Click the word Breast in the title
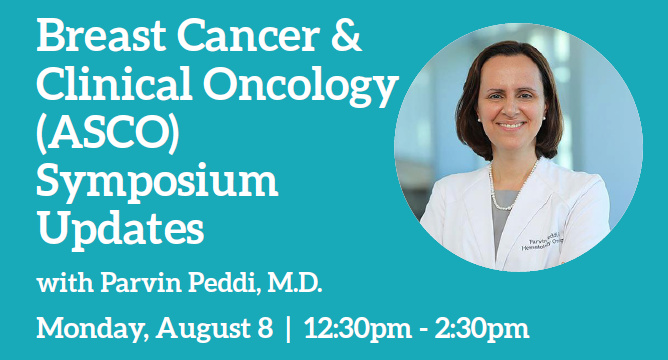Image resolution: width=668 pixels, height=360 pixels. click(101, 35)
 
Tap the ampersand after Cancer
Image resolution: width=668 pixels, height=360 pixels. click(346, 35)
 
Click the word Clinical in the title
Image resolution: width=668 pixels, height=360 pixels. click(114, 83)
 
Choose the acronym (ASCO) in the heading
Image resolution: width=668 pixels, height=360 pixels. click(108, 132)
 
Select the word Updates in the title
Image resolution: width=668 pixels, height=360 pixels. click(121, 228)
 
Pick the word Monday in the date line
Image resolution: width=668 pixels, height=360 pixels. click(92, 329)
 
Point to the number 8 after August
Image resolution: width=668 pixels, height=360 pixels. click(265, 328)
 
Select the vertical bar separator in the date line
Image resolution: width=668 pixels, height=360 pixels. click(288, 328)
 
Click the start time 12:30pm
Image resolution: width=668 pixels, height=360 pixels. click(358, 329)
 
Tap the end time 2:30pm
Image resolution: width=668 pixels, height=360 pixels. click(482, 329)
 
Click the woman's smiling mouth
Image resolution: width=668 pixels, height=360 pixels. click(511, 125)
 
